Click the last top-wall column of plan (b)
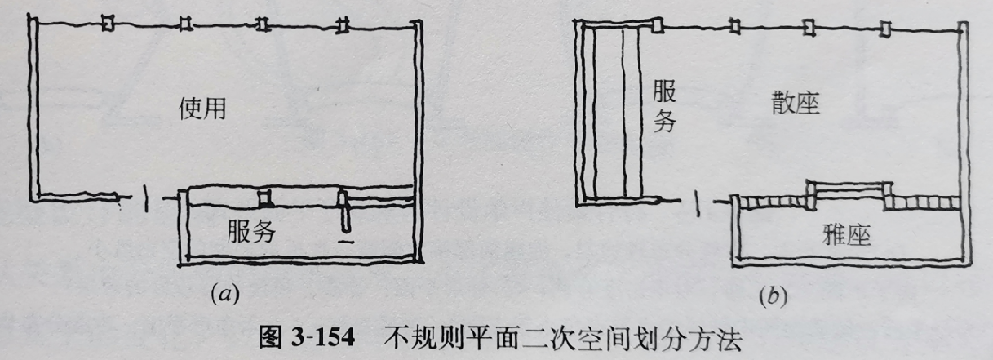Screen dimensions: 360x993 [x=885, y=29]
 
